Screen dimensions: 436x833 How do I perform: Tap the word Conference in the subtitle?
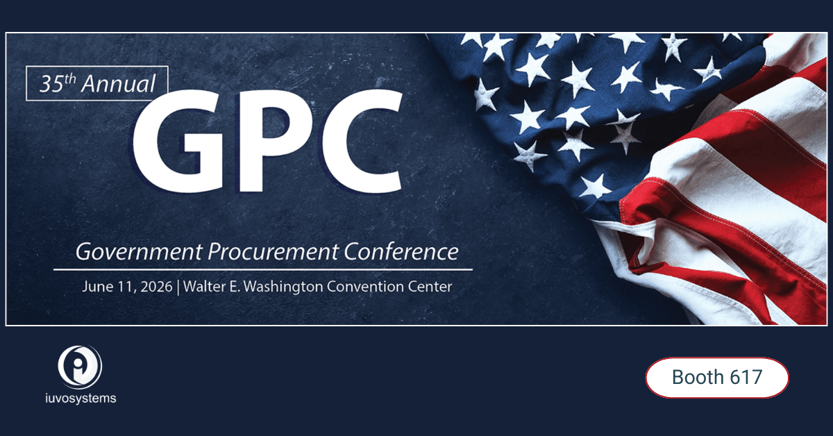click(x=393, y=251)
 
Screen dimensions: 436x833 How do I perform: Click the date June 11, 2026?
click(x=126, y=286)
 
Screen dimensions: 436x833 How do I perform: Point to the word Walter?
click(x=205, y=285)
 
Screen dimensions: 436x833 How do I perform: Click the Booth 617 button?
click(x=717, y=378)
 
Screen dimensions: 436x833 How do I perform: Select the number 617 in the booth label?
click(x=746, y=378)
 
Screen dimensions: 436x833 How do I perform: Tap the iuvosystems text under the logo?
click(x=80, y=399)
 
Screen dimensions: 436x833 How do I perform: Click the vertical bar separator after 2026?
click(x=178, y=286)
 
